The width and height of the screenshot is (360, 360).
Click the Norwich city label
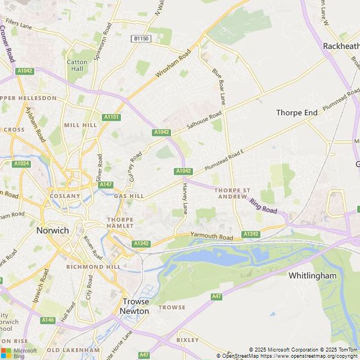tap(52, 230)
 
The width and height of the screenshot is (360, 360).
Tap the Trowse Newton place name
tap(136, 306)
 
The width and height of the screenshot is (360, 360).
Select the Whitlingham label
tap(312, 276)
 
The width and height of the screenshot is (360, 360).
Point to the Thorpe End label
tap(296, 112)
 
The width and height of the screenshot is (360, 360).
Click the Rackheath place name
tap(341, 46)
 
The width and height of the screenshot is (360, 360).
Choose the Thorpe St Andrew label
tap(232, 193)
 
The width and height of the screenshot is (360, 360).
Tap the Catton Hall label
tap(77, 65)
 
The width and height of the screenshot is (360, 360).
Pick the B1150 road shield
tap(141, 38)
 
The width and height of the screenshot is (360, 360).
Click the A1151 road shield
tap(111, 117)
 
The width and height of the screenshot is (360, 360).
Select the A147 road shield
tap(105, 184)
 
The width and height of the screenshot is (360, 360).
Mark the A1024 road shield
tap(21, 164)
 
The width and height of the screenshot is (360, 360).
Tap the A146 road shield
tap(48, 319)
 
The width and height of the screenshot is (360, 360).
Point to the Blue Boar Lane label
tap(218, 86)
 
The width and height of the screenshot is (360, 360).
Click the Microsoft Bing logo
tap(19, 353)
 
